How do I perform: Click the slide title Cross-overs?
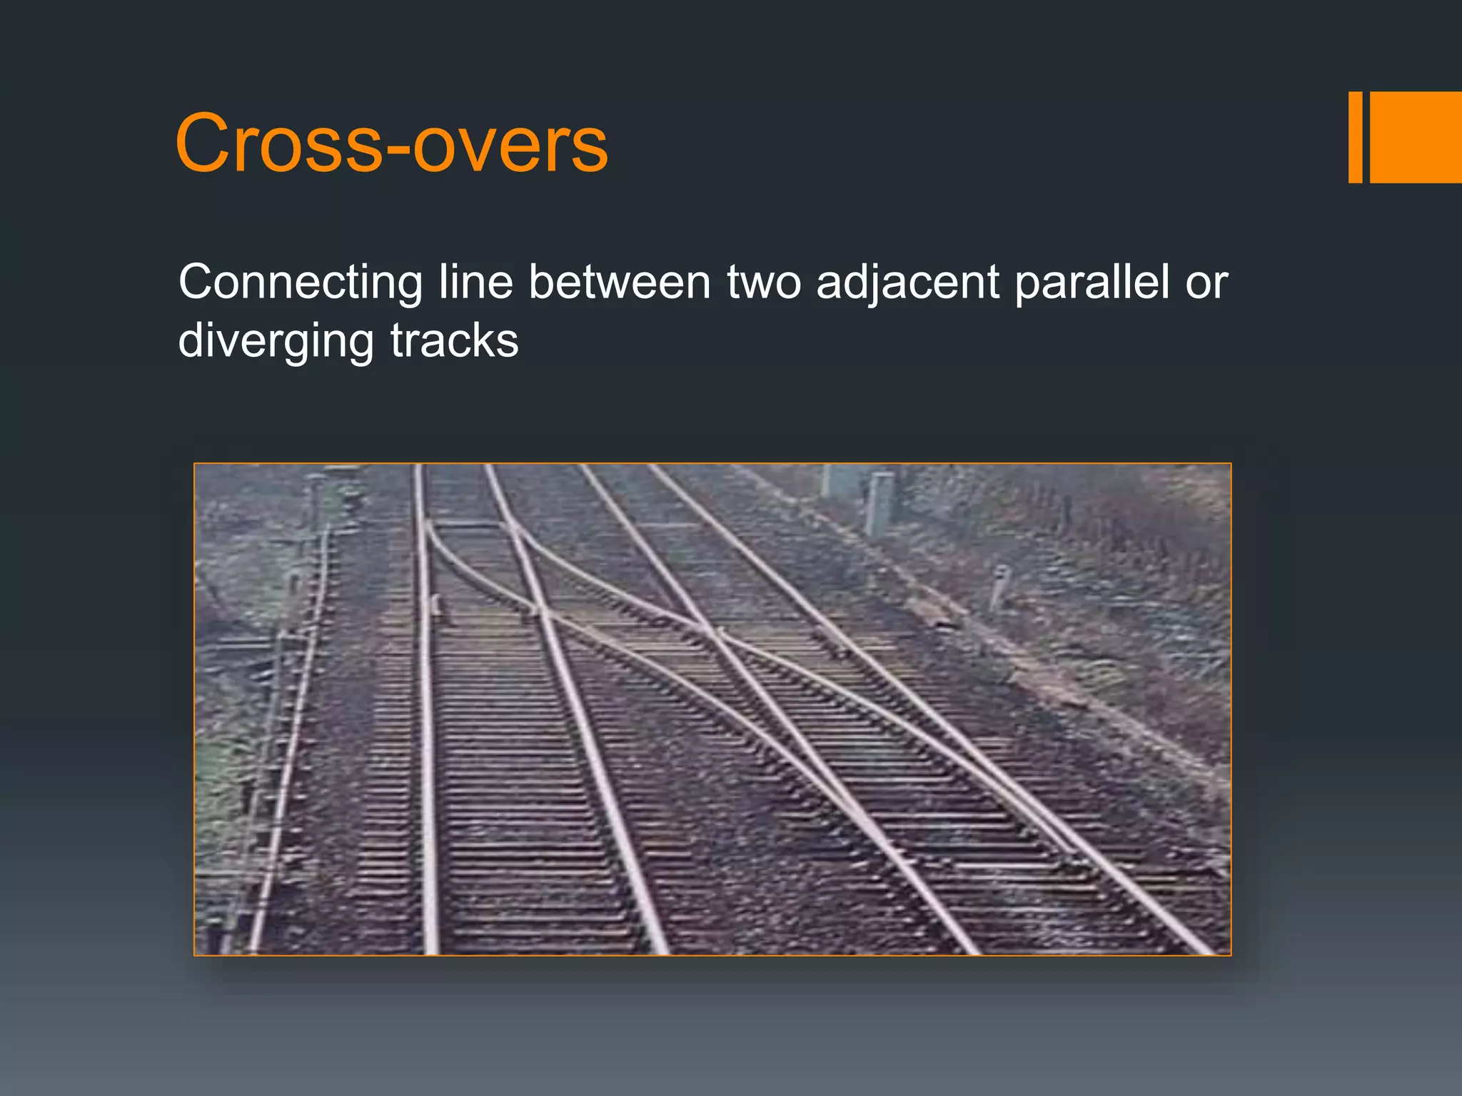click(391, 144)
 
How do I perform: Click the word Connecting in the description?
click(300, 283)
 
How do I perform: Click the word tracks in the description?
click(454, 341)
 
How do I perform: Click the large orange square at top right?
click(1416, 137)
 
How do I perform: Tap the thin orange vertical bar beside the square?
click(1355, 137)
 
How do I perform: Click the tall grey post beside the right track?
click(879, 503)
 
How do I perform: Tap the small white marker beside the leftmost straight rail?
click(435, 605)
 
